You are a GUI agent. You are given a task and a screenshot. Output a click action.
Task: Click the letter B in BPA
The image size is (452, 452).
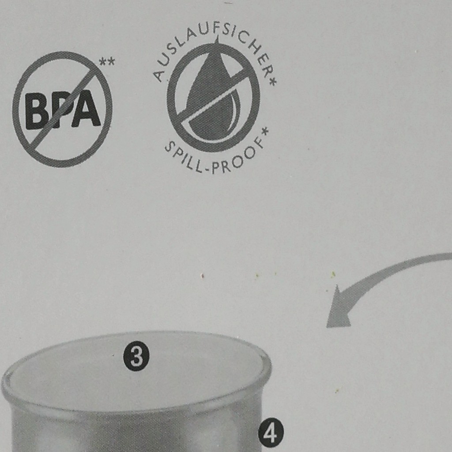point(35,111)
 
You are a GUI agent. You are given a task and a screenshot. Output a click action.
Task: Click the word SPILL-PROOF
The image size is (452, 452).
point(213,157)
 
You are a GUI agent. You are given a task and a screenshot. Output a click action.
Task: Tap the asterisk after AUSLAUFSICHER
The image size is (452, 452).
point(272,81)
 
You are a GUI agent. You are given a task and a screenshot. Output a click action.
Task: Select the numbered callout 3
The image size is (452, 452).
point(136,358)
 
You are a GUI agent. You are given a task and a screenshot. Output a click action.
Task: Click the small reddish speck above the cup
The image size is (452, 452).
point(203,276)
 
